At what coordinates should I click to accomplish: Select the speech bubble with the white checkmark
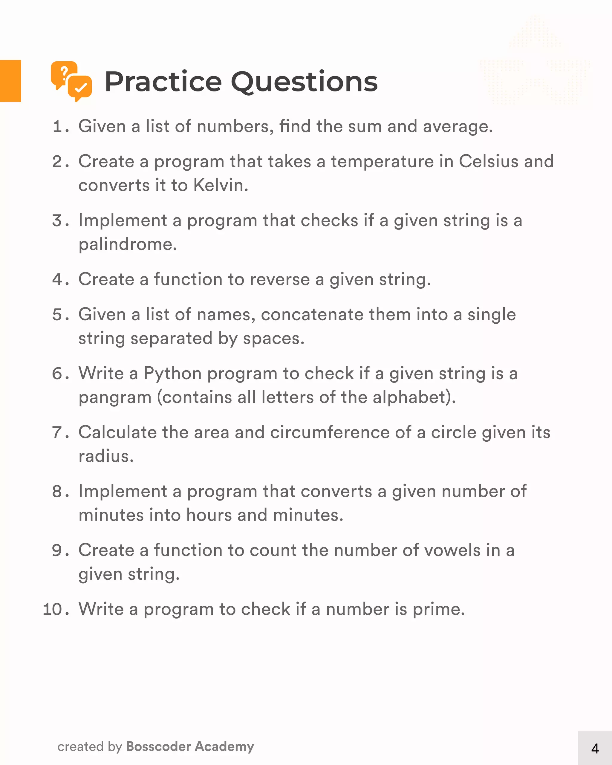pos(80,87)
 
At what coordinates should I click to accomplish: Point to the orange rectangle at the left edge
pos(10,81)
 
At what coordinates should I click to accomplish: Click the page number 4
pos(595,749)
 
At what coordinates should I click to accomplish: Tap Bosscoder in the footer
pos(159,746)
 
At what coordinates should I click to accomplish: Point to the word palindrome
pos(127,244)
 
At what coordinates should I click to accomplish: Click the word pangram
pos(115,398)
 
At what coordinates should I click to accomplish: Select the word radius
pos(105,456)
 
